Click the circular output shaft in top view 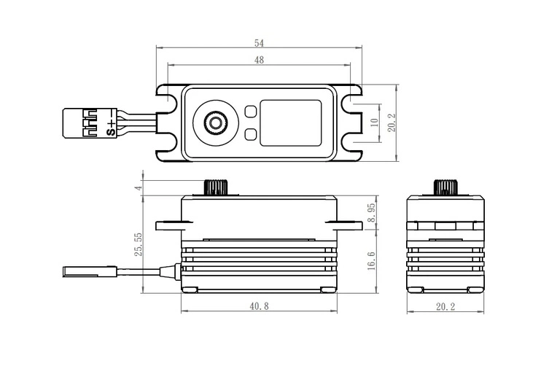[x=215, y=122]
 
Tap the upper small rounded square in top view [x=250, y=112]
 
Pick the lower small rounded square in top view [x=250, y=133]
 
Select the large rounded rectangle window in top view [x=292, y=122]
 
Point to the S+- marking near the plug [x=111, y=122]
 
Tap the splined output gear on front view [x=217, y=187]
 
